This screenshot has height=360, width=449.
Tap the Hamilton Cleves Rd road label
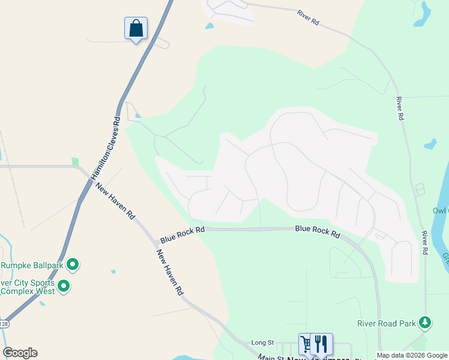pos(106,148)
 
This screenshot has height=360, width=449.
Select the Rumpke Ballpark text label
pos(31,265)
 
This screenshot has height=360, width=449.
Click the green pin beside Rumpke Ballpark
pos(73,264)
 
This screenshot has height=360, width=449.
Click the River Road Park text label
pos(386,323)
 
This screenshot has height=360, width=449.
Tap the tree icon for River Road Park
pos(425,323)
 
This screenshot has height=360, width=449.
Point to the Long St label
pos(262,343)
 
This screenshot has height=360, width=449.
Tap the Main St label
pos(271,357)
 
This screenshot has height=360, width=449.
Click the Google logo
pos(20,353)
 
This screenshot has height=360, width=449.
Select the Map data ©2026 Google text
pos(411,355)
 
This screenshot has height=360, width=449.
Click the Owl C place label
pos(440,211)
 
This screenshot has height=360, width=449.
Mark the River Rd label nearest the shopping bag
pos(308,17)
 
